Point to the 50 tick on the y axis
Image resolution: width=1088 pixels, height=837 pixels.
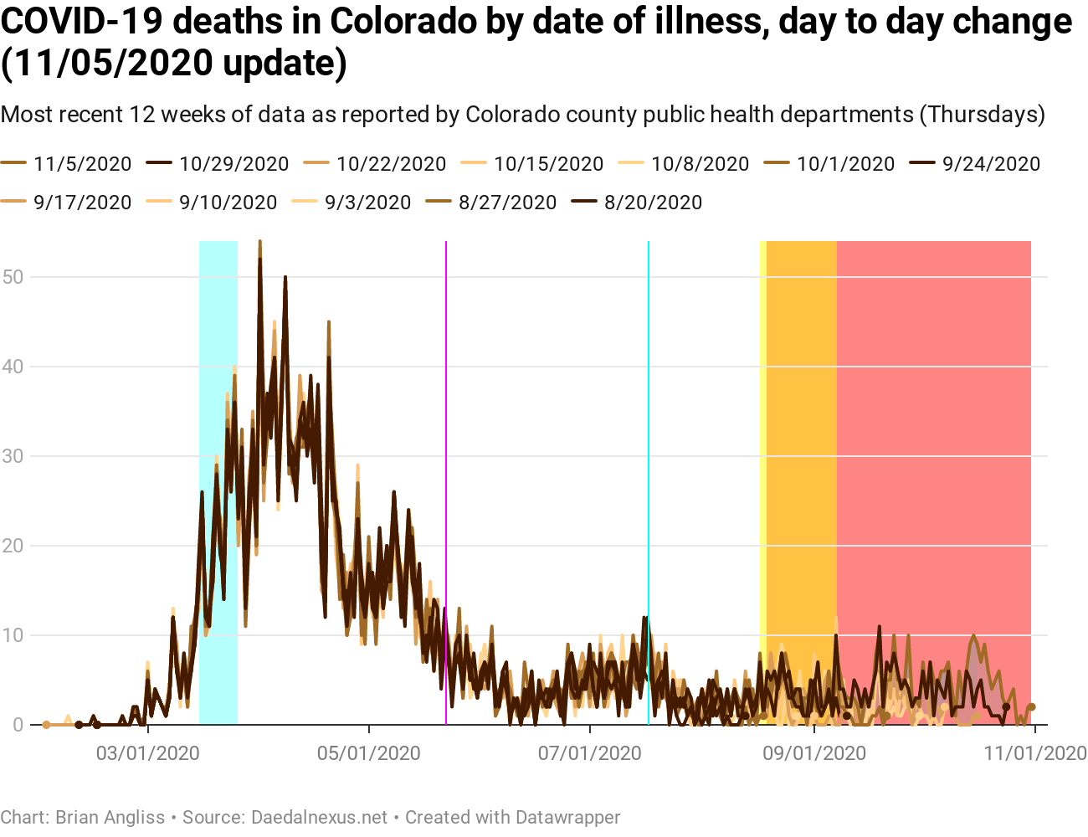pyautogui.click(x=13, y=277)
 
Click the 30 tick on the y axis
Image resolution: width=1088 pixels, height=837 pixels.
pyautogui.click(x=13, y=456)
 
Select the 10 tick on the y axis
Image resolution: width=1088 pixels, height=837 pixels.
pyautogui.click(x=13, y=635)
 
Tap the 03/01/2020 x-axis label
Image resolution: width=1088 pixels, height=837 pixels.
pyautogui.click(x=147, y=753)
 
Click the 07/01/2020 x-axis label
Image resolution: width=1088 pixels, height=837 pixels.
pyautogui.click(x=590, y=753)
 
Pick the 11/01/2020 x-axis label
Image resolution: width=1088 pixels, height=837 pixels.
pyautogui.click(x=1035, y=753)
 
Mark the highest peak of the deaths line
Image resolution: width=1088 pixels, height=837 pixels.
pyautogui.click(x=260, y=243)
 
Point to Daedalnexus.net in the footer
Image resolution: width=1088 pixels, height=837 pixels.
pyautogui.click(x=319, y=817)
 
